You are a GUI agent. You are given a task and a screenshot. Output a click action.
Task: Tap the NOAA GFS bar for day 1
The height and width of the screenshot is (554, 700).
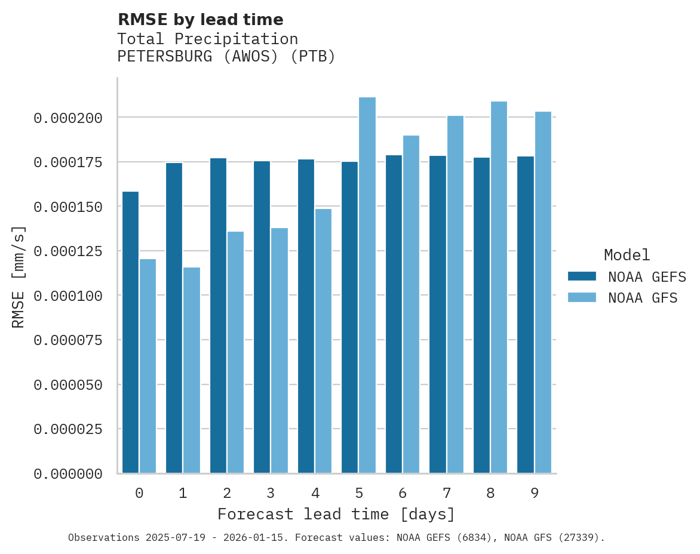(192, 370)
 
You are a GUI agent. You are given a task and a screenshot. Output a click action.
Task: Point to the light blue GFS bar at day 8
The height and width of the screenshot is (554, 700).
(499, 287)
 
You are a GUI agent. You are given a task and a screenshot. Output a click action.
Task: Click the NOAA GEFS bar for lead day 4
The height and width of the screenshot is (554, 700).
(306, 316)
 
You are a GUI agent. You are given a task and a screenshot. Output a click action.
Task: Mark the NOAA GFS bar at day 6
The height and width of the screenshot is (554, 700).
(411, 304)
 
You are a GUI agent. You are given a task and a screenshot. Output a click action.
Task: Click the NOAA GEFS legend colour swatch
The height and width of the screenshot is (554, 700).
(582, 276)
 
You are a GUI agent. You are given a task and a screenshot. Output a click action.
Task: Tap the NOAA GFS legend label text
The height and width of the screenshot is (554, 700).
(643, 298)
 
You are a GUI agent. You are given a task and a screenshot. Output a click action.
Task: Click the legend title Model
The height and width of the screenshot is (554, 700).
(627, 255)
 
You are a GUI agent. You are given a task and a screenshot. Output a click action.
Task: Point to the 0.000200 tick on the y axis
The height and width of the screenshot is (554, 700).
(68, 118)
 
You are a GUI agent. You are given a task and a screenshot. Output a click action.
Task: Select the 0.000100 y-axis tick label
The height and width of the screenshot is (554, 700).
(68, 296)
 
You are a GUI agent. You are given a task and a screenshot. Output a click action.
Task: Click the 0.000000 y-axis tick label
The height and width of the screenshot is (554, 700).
(68, 474)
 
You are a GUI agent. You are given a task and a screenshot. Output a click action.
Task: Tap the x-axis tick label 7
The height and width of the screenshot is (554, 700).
(446, 493)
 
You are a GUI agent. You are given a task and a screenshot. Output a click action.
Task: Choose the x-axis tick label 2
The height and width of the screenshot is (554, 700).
(227, 493)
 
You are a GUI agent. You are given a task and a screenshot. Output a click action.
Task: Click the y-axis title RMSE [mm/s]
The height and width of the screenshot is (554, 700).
(19, 276)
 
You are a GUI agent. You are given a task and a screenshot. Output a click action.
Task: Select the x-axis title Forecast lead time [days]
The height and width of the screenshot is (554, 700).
(336, 514)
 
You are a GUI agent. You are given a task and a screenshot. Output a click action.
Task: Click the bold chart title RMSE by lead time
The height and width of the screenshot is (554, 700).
(200, 20)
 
